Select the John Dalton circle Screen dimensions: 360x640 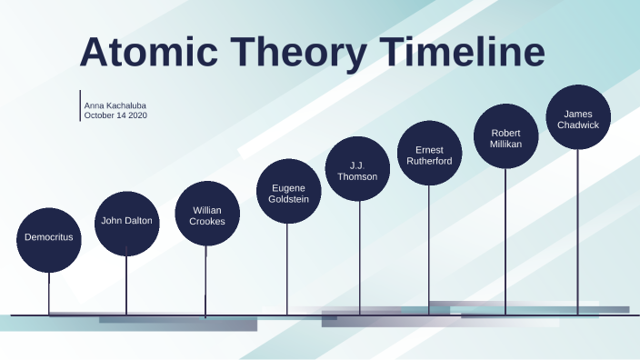[x=126, y=221]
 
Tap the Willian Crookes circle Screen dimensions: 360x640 [x=207, y=214]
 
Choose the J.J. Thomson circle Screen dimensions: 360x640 [x=358, y=169]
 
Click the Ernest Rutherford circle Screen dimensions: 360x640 [x=430, y=154]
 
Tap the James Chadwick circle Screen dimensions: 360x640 [x=577, y=118]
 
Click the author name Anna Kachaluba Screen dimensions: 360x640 [x=115, y=105]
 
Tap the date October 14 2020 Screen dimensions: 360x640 [x=115, y=115]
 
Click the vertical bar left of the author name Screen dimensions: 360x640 [x=80, y=105]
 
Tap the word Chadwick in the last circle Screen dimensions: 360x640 [x=577, y=125]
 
